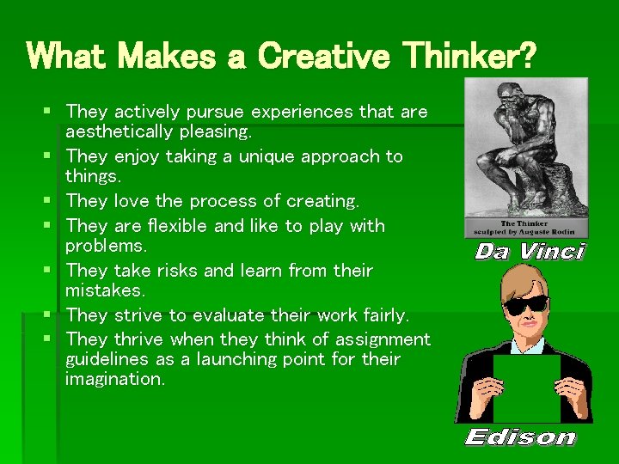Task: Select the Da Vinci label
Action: point(529,252)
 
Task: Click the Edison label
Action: point(520,437)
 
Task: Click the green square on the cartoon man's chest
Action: point(526,388)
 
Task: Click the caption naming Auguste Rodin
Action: point(526,229)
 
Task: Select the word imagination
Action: point(114,379)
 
